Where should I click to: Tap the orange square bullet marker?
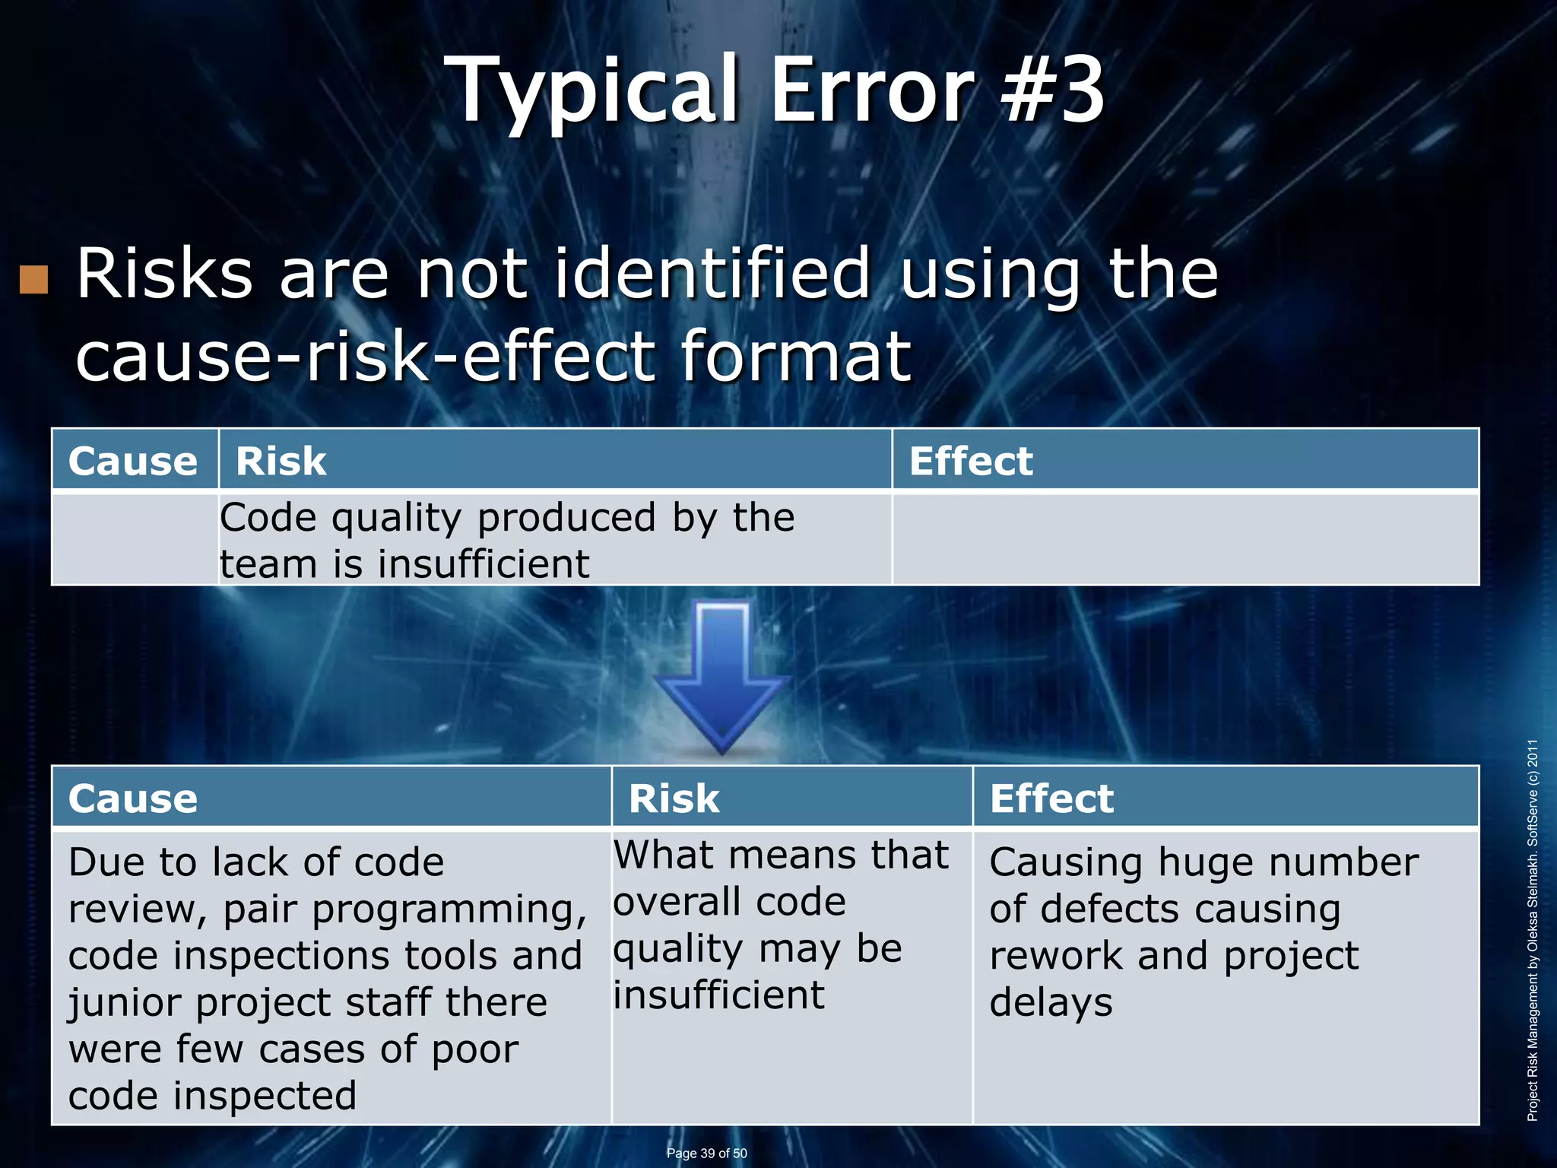33,280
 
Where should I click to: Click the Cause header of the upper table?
133,461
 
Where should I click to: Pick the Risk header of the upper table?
281,461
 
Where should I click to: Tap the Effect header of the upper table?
971,461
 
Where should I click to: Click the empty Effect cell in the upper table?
1184,538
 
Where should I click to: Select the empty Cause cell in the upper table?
135,538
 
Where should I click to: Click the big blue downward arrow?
722,677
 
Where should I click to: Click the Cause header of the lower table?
133,798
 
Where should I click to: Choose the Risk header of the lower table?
674,798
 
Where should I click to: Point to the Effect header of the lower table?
1051,798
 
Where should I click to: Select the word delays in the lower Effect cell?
1051,1002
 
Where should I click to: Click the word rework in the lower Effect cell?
1055,957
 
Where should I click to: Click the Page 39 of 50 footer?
706,1153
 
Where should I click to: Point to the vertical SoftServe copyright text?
1533,929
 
